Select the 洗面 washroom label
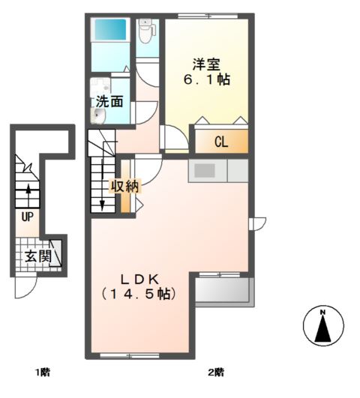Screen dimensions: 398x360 tap(109, 100)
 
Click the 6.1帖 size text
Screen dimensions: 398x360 tap(207, 79)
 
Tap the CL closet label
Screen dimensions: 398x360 tap(221, 142)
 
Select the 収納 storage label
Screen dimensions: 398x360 tap(125, 187)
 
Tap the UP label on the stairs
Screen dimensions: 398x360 tap(27, 217)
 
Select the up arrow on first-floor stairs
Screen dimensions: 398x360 tap(28, 190)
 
